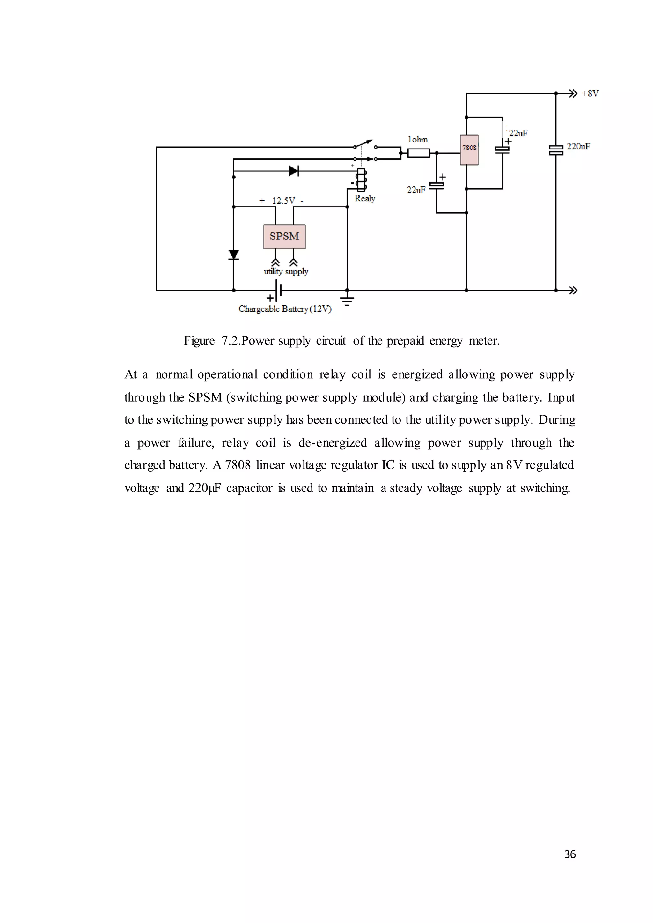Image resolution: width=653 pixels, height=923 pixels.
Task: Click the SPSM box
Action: click(284, 236)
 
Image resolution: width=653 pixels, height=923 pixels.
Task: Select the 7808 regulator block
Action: click(469, 150)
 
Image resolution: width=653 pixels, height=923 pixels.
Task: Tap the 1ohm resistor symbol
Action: click(418, 153)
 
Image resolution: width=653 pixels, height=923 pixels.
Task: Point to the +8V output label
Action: click(590, 93)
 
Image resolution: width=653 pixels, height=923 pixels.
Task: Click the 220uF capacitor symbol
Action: click(556, 150)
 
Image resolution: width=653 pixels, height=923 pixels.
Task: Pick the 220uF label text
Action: click(578, 146)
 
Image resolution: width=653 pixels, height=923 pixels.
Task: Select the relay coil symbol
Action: click(361, 180)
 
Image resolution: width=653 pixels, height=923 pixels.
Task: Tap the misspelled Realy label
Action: click(365, 199)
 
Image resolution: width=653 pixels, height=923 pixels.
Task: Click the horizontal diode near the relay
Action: click(294, 171)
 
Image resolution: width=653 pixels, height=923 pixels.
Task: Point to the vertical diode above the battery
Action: click(234, 254)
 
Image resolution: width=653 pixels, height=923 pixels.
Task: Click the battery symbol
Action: click(278, 290)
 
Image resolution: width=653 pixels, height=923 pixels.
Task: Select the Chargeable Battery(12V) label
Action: click(285, 309)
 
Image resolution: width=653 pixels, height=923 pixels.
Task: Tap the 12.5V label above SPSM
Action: click(283, 200)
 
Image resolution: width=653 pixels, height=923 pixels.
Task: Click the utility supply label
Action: click(286, 272)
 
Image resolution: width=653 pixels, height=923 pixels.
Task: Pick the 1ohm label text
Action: click(417, 140)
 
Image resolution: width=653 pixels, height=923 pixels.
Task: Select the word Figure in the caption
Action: click(199, 341)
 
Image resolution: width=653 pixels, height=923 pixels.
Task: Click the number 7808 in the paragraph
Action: click(238, 465)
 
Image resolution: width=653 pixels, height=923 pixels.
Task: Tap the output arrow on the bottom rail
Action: click(573, 290)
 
